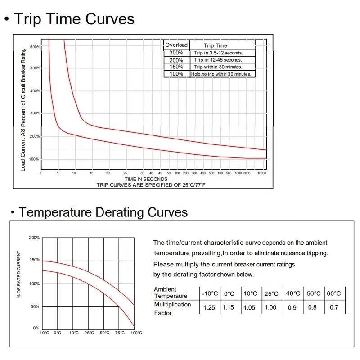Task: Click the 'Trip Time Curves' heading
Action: pyautogui.click(x=74, y=19)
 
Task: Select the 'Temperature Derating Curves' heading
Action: pyautogui.click(x=103, y=212)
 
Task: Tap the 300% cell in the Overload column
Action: pyautogui.click(x=176, y=53)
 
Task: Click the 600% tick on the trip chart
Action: pyautogui.click(x=35, y=47)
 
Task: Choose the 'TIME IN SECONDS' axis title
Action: pyautogui.click(x=146, y=179)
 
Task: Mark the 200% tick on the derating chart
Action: pyautogui.click(x=34, y=238)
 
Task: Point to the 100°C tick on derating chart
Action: pyautogui.click(x=136, y=333)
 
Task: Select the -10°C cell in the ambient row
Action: pyautogui.click(x=210, y=293)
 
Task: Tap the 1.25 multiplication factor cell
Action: pyautogui.click(x=210, y=308)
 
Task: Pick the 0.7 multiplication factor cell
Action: pyautogui.click(x=334, y=308)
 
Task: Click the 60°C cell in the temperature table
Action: pyautogui.click(x=334, y=293)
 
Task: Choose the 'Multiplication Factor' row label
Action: pyautogui.click(x=173, y=308)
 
